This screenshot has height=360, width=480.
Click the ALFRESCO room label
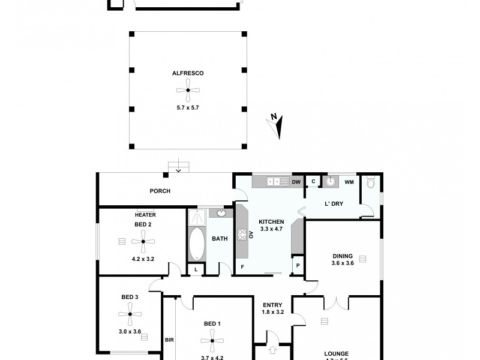pos(188,73)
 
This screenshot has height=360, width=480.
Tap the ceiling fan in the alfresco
pos(188,91)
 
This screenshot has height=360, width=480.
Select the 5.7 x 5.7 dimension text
pos(188,107)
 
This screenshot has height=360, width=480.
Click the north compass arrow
pos(276,126)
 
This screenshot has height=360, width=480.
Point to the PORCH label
pos(161,191)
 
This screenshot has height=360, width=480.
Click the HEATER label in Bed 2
pos(145,214)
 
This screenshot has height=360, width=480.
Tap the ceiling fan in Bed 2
pos(143,242)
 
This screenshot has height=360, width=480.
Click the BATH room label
pos(220,239)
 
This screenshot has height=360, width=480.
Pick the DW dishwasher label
pos(296,182)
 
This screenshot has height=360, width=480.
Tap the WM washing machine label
pos(349,182)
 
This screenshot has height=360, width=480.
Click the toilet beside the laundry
pos(370,181)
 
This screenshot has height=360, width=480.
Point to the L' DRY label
pos(334,204)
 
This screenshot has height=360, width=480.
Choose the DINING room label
pos(342,255)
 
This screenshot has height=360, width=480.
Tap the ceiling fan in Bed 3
pos(130,313)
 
